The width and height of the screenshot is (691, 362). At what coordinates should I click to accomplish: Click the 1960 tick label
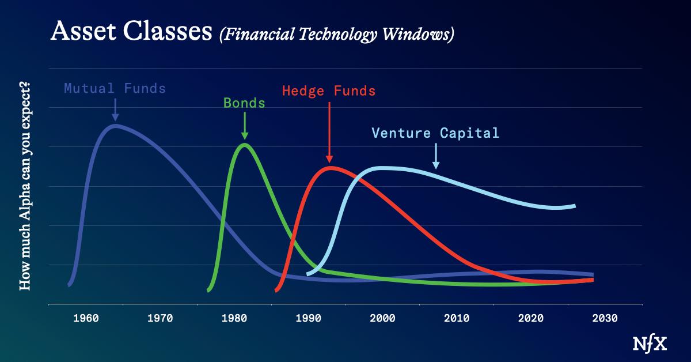tap(86, 318)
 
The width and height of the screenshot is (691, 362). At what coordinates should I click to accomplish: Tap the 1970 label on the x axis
tap(160, 318)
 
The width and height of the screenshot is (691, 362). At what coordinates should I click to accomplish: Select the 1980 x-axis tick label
tap(234, 318)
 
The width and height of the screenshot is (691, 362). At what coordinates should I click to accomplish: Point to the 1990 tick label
tap(308, 318)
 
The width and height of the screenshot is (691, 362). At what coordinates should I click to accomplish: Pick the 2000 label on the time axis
tap(382, 318)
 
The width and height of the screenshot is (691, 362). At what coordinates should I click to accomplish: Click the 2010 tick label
tap(457, 318)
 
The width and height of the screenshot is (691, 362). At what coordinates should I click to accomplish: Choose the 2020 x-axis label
tap(530, 318)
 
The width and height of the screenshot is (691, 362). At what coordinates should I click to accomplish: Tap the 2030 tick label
tap(605, 318)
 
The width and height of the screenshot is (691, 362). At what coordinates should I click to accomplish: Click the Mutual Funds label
tap(115, 88)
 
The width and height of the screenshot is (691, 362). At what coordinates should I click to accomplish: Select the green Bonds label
tap(244, 103)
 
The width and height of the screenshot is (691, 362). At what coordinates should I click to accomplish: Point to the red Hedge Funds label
tap(329, 91)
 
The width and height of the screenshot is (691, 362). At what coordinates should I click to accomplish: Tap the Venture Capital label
tap(435, 133)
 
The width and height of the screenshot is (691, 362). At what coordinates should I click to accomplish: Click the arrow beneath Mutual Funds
tap(115, 110)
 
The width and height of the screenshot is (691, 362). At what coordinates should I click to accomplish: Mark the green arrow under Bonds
tap(245, 126)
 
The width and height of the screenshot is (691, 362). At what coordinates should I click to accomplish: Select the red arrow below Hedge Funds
tap(329, 132)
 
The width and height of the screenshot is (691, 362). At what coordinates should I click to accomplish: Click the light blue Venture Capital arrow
tap(436, 156)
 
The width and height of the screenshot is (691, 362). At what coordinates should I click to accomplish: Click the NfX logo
tap(650, 344)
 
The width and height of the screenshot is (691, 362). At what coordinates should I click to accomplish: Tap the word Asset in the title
tap(83, 31)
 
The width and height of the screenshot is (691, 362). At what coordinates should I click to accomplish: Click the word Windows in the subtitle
tap(418, 34)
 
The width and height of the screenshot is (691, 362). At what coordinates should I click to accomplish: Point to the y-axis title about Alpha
tap(25, 186)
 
